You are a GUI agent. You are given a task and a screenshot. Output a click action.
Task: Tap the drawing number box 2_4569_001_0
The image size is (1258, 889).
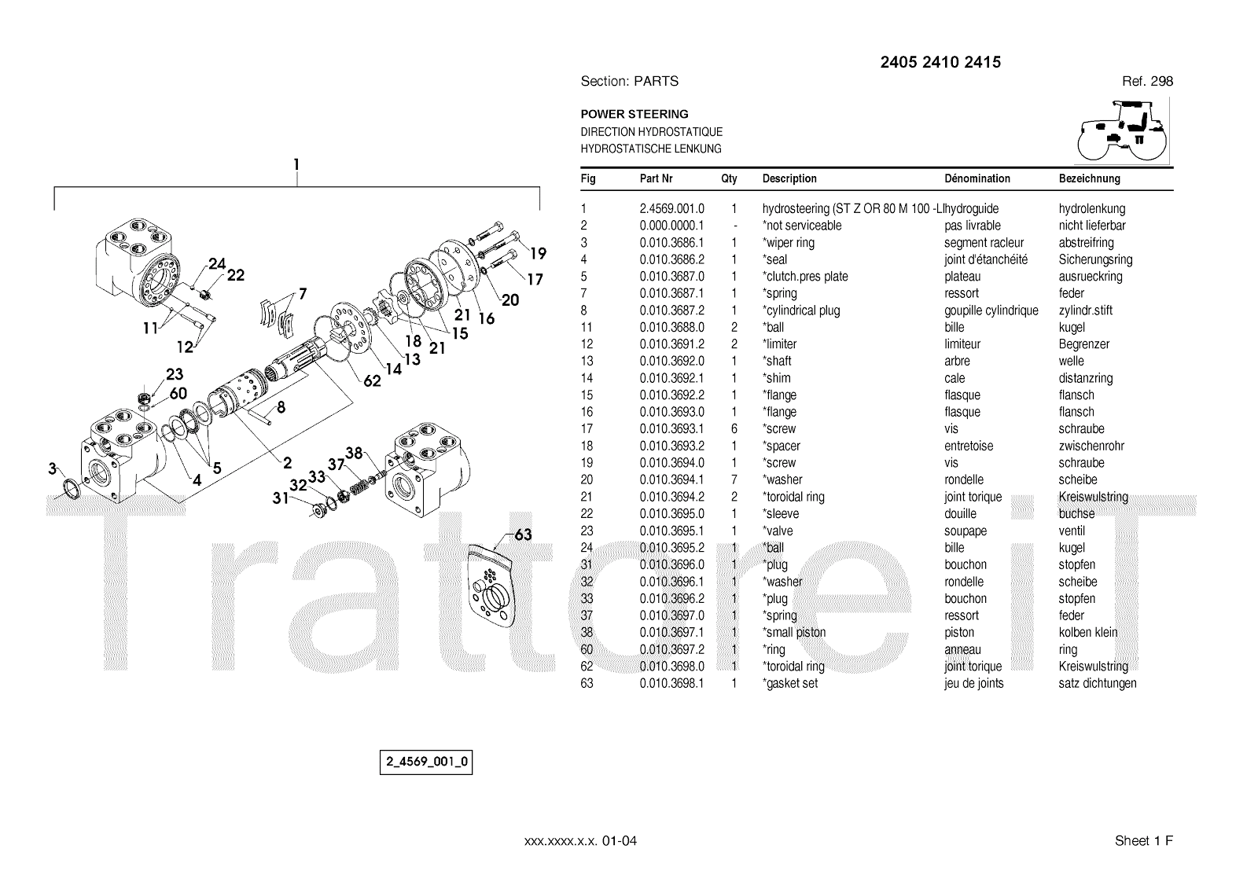[x=426, y=762]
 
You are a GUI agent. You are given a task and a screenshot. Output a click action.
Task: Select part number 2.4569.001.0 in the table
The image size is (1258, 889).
[x=671, y=209]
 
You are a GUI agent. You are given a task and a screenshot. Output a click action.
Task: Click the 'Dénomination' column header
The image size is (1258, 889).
[x=977, y=179]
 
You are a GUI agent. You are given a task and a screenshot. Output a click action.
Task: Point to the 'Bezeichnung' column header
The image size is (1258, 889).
[x=1089, y=179]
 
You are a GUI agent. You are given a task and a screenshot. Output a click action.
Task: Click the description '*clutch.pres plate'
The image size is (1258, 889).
[x=805, y=277]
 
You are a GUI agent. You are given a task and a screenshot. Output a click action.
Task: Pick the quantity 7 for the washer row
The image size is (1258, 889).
[x=734, y=479]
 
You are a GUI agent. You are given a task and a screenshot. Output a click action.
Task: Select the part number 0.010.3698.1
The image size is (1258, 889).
[x=671, y=684]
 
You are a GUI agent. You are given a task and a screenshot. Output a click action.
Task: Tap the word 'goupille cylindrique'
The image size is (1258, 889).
[x=991, y=310]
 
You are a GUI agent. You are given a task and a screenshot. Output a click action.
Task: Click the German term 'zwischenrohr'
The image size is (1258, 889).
[x=1091, y=446]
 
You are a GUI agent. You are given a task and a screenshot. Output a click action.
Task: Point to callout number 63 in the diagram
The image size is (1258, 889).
[x=523, y=535]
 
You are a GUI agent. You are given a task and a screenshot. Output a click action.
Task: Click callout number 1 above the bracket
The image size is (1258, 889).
[x=296, y=165]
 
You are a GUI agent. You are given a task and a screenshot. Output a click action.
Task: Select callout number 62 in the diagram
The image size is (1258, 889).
[x=372, y=380]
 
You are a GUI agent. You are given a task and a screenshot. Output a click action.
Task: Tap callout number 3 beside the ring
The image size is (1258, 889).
[x=53, y=469]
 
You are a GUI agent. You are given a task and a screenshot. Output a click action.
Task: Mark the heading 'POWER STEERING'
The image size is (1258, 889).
[x=634, y=114]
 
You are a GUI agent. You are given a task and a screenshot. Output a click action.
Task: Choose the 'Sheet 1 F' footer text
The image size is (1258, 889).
[x=1143, y=841]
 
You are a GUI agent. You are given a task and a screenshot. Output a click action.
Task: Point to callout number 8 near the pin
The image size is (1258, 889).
[x=281, y=407]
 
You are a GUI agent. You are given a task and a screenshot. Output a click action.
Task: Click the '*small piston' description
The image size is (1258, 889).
[x=794, y=633]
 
